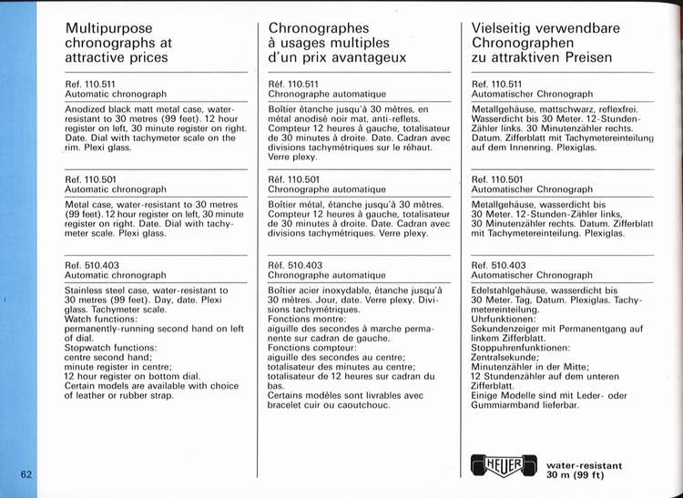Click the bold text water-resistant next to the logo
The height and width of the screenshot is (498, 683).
tap(584, 465)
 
